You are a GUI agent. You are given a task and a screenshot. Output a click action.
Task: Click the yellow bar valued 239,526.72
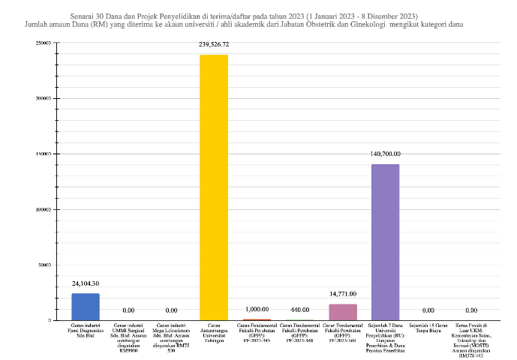click(x=214, y=187)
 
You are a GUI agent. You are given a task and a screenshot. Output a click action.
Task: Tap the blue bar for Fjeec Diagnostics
click(x=86, y=307)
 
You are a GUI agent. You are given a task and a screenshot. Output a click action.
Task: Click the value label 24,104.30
click(x=86, y=283)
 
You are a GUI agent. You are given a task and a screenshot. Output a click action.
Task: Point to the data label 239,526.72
click(x=214, y=45)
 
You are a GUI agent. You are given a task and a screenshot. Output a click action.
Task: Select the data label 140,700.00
click(x=386, y=154)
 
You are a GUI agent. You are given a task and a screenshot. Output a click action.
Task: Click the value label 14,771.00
click(x=343, y=294)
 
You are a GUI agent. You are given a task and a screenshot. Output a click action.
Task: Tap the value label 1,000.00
click(x=257, y=310)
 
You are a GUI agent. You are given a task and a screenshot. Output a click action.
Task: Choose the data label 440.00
click(x=300, y=310)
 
